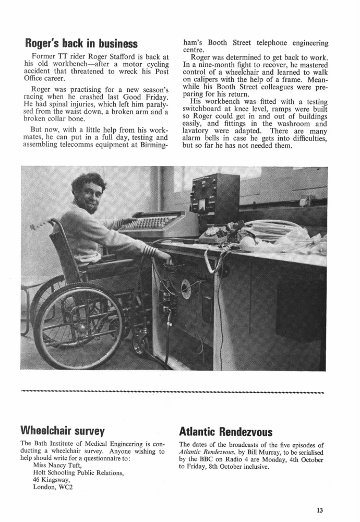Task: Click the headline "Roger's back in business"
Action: click(x=81, y=42)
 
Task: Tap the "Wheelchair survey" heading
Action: click(x=62, y=431)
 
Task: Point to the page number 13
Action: click(x=320, y=510)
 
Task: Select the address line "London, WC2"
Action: click(x=53, y=489)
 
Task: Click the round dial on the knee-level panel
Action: click(x=186, y=289)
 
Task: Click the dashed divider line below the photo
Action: click(x=172, y=390)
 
